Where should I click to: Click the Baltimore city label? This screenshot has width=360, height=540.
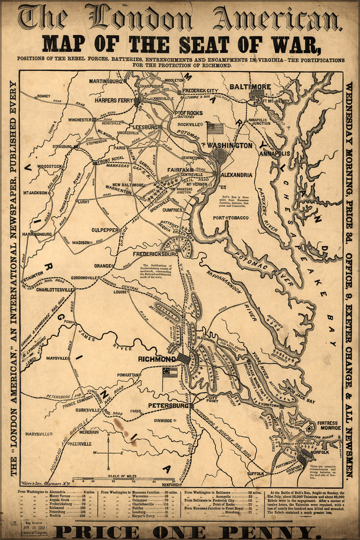point(250,86)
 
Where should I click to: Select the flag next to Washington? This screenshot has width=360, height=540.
point(215,129)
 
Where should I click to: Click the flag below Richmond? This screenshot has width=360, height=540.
point(170,374)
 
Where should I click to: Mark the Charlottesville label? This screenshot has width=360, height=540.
point(53,290)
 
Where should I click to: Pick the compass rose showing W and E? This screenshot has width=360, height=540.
point(108,453)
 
